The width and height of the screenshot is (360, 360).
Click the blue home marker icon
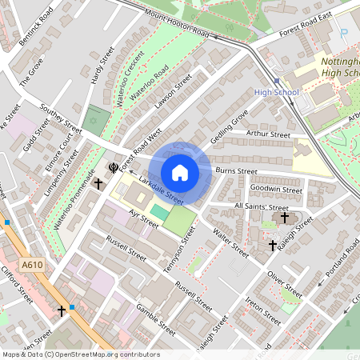click(x=180, y=173)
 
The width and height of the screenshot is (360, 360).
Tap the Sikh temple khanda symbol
click(x=113, y=168)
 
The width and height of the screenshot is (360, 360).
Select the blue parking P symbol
click(x=344, y=35)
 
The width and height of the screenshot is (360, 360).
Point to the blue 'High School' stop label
click(x=276, y=93)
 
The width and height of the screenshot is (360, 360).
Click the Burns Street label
click(x=236, y=171)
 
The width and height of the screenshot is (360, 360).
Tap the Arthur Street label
click(x=268, y=134)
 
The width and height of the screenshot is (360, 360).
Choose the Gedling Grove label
click(x=230, y=124)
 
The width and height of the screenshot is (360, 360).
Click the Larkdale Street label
click(x=166, y=189)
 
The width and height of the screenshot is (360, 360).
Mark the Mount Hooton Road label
click(x=177, y=23)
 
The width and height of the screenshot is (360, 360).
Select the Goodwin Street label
click(x=276, y=190)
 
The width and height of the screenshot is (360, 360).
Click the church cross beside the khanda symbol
click(x=98, y=184)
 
